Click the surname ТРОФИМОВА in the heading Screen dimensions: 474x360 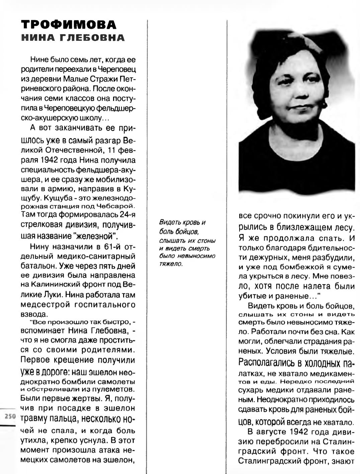point(69,25)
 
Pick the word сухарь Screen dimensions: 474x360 point(251,390)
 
